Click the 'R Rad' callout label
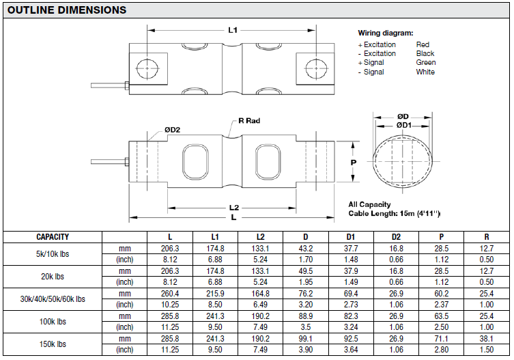tap(249, 121)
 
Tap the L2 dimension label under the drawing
tap(233, 208)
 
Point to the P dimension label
tap(353, 163)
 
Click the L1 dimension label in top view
tap(232, 30)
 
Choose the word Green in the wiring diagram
tap(425, 62)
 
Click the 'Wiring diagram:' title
tap(385, 33)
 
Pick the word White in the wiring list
tap(425, 72)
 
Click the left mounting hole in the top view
tap(147, 68)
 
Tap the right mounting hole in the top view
tap(316, 68)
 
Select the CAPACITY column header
tap(53, 237)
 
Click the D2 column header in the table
tap(397, 237)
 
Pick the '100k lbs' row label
tap(53, 321)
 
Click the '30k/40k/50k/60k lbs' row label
tap(53, 299)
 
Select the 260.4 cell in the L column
tap(169, 293)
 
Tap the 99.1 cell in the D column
tap(306, 338)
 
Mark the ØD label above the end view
tap(403, 117)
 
